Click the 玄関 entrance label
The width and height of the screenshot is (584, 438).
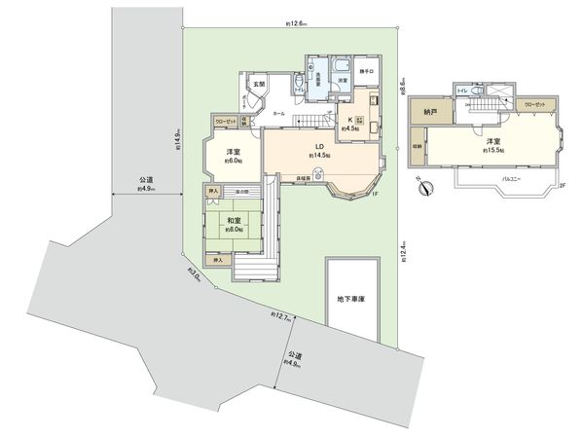pos(260,85)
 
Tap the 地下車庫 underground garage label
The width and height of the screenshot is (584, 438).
pos(350,298)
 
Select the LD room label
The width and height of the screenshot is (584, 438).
pos(319,146)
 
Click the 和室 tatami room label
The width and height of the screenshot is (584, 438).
pos(235,222)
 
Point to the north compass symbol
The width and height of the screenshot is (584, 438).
pos(420,188)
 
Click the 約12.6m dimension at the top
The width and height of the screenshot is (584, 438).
pos(297,21)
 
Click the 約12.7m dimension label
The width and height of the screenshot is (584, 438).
pos(281,316)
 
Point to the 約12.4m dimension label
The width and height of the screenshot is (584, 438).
pos(403,256)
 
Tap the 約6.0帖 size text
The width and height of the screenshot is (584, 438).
pos(234,162)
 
